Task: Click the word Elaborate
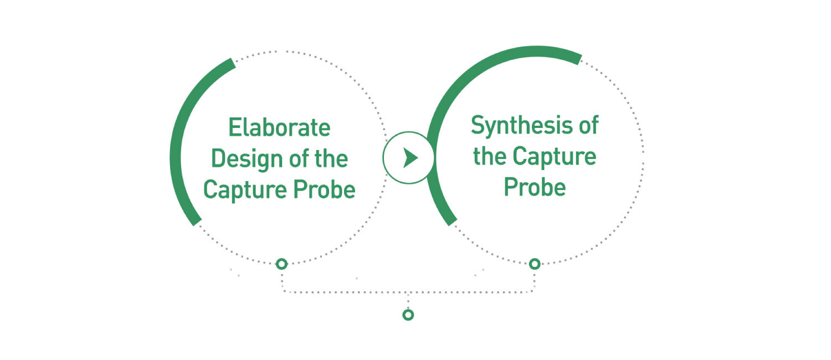tap(279, 127)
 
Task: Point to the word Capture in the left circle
tap(245, 191)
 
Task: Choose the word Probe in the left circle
tap(324, 189)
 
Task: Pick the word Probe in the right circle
tap(535, 187)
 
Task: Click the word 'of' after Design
tap(299, 159)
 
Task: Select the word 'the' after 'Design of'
tap(331, 159)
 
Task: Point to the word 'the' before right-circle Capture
tap(490, 156)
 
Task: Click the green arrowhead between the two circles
tap(411, 158)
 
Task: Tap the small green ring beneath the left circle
tap(281, 264)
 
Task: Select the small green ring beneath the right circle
tap(535, 264)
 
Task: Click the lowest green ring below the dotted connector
tap(408, 315)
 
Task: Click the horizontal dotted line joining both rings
tap(408, 292)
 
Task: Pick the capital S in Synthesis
tap(478, 125)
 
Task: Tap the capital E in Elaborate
tap(234, 127)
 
